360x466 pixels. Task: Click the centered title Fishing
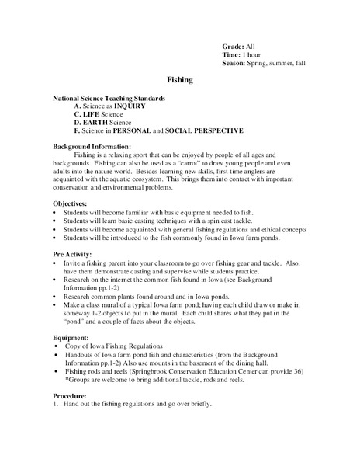pyautogui.click(x=180, y=79)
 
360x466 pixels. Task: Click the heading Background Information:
pyautogui.click(x=92, y=146)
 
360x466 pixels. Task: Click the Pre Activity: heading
pyautogui.click(x=71, y=254)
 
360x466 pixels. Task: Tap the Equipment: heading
pyautogui.click(x=71, y=338)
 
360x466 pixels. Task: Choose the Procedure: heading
pyautogui.click(x=71, y=397)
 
